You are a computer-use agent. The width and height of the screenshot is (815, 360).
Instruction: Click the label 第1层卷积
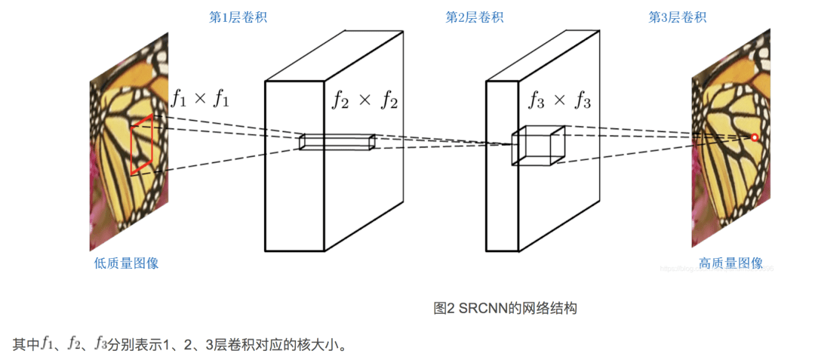(x=238, y=17)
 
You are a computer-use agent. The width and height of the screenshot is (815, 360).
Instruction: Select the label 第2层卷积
(x=473, y=17)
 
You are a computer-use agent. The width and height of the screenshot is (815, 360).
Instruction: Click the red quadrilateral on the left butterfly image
(x=142, y=144)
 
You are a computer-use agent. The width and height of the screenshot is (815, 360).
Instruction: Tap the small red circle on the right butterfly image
(x=753, y=137)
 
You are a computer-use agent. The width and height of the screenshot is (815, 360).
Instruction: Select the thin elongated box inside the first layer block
(x=337, y=142)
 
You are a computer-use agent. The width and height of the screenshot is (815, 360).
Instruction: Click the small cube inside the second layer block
(x=538, y=145)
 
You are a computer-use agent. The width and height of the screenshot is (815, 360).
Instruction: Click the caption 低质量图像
(x=126, y=263)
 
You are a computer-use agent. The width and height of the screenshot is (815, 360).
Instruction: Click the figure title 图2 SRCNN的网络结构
(x=505, y=308)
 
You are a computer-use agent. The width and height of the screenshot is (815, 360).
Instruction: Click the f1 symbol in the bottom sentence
(x=46, y=345)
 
